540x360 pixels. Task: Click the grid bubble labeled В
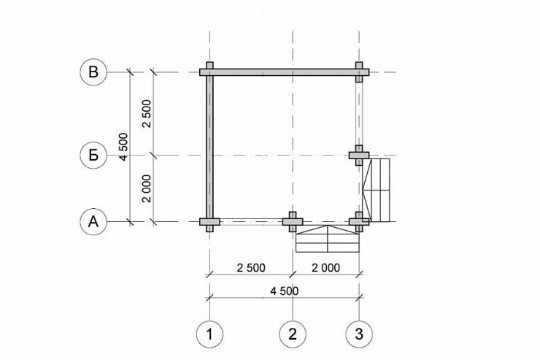point(93,72)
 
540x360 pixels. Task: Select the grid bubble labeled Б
point(93,156)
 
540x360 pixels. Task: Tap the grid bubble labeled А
point(93,222)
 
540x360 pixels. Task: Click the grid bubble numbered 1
point(209,334)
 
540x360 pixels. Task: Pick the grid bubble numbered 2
point(293,334)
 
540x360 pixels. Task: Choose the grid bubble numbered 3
point(359,334)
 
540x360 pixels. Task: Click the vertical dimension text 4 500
point(123,147)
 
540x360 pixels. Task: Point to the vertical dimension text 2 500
point(147,114)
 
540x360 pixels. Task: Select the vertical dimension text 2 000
point(147,188)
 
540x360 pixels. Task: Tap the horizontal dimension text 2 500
point(251,268)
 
